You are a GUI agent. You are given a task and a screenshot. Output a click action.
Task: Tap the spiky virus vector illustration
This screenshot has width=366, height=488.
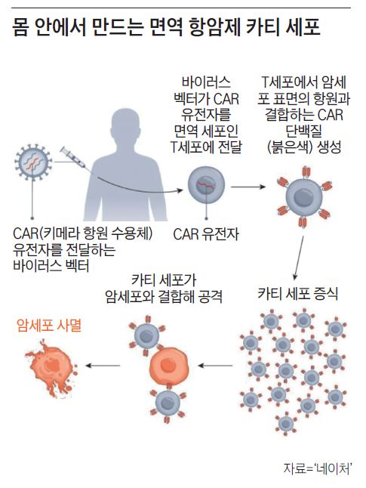33,162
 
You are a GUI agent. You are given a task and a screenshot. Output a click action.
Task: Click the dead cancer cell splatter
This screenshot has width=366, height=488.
51,367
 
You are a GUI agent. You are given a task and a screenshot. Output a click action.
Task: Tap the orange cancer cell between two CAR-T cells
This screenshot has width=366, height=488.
168,366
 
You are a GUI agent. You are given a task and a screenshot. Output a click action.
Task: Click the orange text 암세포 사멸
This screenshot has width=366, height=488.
49,326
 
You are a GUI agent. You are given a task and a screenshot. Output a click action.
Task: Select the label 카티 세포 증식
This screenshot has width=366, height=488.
297,294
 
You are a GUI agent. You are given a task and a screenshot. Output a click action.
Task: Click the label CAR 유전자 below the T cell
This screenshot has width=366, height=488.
206,234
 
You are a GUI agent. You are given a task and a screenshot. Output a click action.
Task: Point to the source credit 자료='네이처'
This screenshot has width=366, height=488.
318,469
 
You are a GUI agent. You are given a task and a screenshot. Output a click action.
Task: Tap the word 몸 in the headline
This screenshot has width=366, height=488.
21,27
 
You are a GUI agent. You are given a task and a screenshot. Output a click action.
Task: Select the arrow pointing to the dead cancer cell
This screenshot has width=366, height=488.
103,366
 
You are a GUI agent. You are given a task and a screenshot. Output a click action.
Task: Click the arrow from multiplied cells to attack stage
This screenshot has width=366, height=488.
215,366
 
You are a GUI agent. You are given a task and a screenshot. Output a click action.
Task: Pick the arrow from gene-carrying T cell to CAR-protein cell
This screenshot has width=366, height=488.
248,187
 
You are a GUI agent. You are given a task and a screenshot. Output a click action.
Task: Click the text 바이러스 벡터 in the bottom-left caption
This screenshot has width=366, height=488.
51,266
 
